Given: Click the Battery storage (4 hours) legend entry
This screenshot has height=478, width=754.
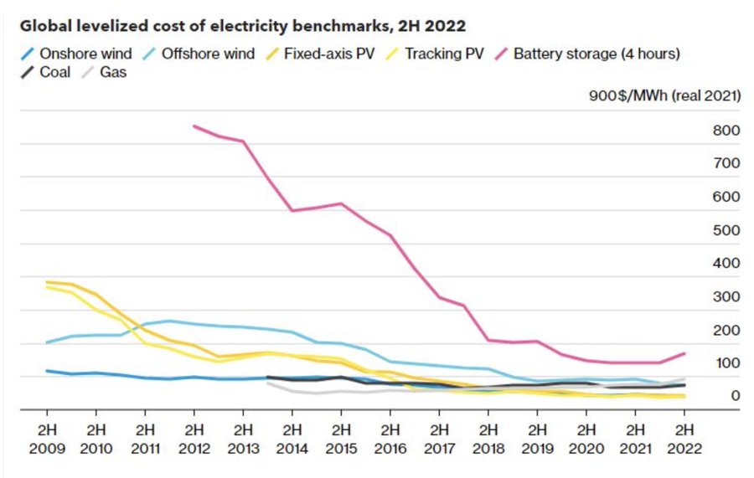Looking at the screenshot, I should [596, 54].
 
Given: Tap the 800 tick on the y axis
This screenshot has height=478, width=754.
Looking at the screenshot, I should [726, 131].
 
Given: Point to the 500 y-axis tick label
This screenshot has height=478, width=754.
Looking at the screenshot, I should [726, 230].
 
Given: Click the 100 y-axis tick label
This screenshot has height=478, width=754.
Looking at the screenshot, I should [726, 362].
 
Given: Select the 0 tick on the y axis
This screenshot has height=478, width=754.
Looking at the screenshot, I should [734, 396].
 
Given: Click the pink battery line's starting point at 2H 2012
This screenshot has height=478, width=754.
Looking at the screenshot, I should [194, 126].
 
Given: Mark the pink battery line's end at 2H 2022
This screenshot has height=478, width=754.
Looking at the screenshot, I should [684, 353].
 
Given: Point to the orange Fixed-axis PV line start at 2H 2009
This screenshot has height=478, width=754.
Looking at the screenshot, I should [47, 282].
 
